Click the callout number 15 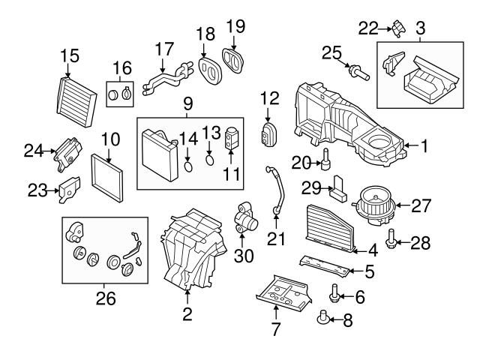point(69,55)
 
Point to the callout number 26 point(106,298)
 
